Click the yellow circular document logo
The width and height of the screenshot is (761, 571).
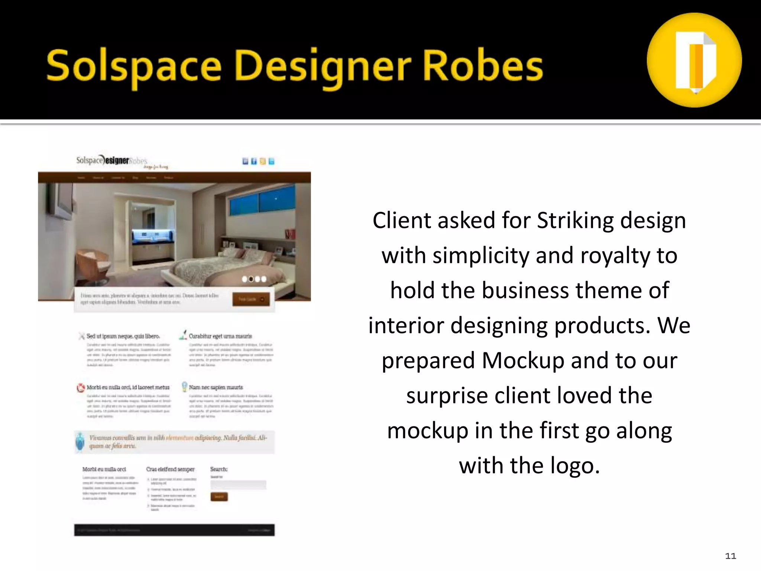point(694,60)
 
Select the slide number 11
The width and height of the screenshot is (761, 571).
point(730,556)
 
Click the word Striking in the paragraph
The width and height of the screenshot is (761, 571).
point(575,220)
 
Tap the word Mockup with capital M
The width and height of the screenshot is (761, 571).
point(522,361)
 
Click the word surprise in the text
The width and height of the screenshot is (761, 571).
point(447,396)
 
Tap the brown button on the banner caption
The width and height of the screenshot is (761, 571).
point(251,299)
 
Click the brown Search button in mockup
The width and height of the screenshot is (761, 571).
point(219,497)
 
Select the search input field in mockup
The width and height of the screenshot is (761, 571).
point(238,485)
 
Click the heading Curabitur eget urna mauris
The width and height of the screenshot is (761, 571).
point(220,336)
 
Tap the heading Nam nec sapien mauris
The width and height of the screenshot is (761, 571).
point(216,387)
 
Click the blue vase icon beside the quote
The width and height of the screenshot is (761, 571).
point(80,442)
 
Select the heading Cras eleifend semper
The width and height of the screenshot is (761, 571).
point(170,469)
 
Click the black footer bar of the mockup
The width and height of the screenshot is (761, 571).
point(174,530)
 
